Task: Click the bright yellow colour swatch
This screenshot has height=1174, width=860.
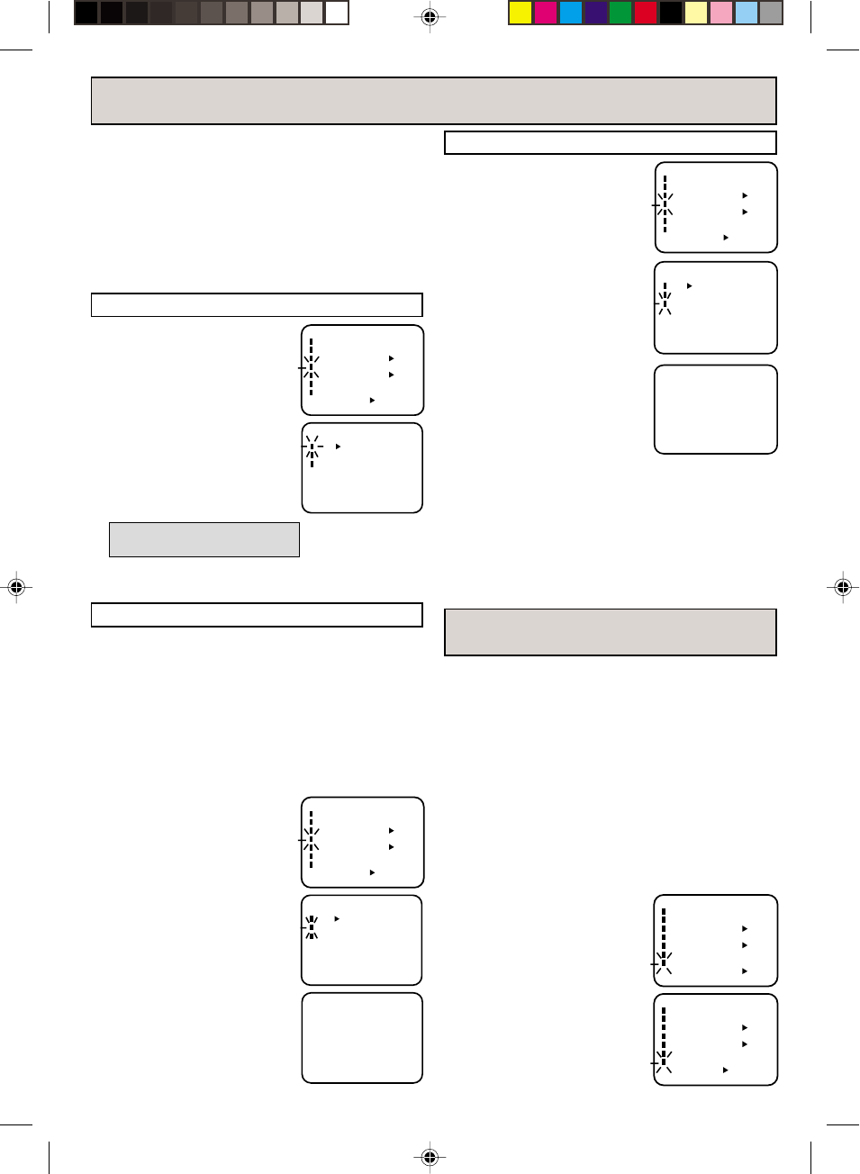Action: pyautogui.click(x=521, y=13)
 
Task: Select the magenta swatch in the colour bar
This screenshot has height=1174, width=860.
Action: pyautogui.click(x=546, y=13)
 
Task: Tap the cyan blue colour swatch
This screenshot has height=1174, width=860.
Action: pyautogui.click(x=571, y=13)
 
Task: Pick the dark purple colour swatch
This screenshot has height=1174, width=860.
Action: pyautogui.click(x=596, y=13)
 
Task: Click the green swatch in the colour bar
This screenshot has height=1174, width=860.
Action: pyautogui.click(x=621, y=13)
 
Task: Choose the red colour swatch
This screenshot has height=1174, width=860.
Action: pyautogui.click(x=647, y=13)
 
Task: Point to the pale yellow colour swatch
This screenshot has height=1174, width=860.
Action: pyautogui.click(x=696, y=13)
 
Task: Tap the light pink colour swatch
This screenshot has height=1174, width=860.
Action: pyautogui.click(x=721, y=13)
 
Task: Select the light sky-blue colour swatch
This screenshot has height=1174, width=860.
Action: pyautogui.click(x=747, y=13)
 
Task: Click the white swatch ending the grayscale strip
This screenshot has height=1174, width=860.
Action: pyautogui.click(x=337, y=13)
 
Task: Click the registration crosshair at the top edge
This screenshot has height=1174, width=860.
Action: pyautogui.click(x=430, y=17)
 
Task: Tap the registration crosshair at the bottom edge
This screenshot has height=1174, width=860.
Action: pyautogui.click(x=430, y=1156)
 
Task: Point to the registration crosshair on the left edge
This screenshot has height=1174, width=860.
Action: pyautogui.click(x=16, y=587)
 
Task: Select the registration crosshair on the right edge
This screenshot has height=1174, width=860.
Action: pyautogui.click(x=843, y=587)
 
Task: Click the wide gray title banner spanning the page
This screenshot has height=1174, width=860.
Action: pyautogui.click(x=433, y=101)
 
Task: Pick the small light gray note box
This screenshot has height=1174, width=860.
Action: pyautogui.click(x=204, y=539)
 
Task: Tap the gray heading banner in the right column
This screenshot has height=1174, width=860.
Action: pyautogui.click(x=610, y=632)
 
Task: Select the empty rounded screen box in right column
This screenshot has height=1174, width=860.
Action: pyautogui.click(x=716, y=410)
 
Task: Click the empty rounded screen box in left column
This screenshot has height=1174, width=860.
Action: pyautogui.click(x=362, y=1038)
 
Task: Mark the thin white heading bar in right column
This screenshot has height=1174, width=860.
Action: pyautogui.click(x=610, y=143)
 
